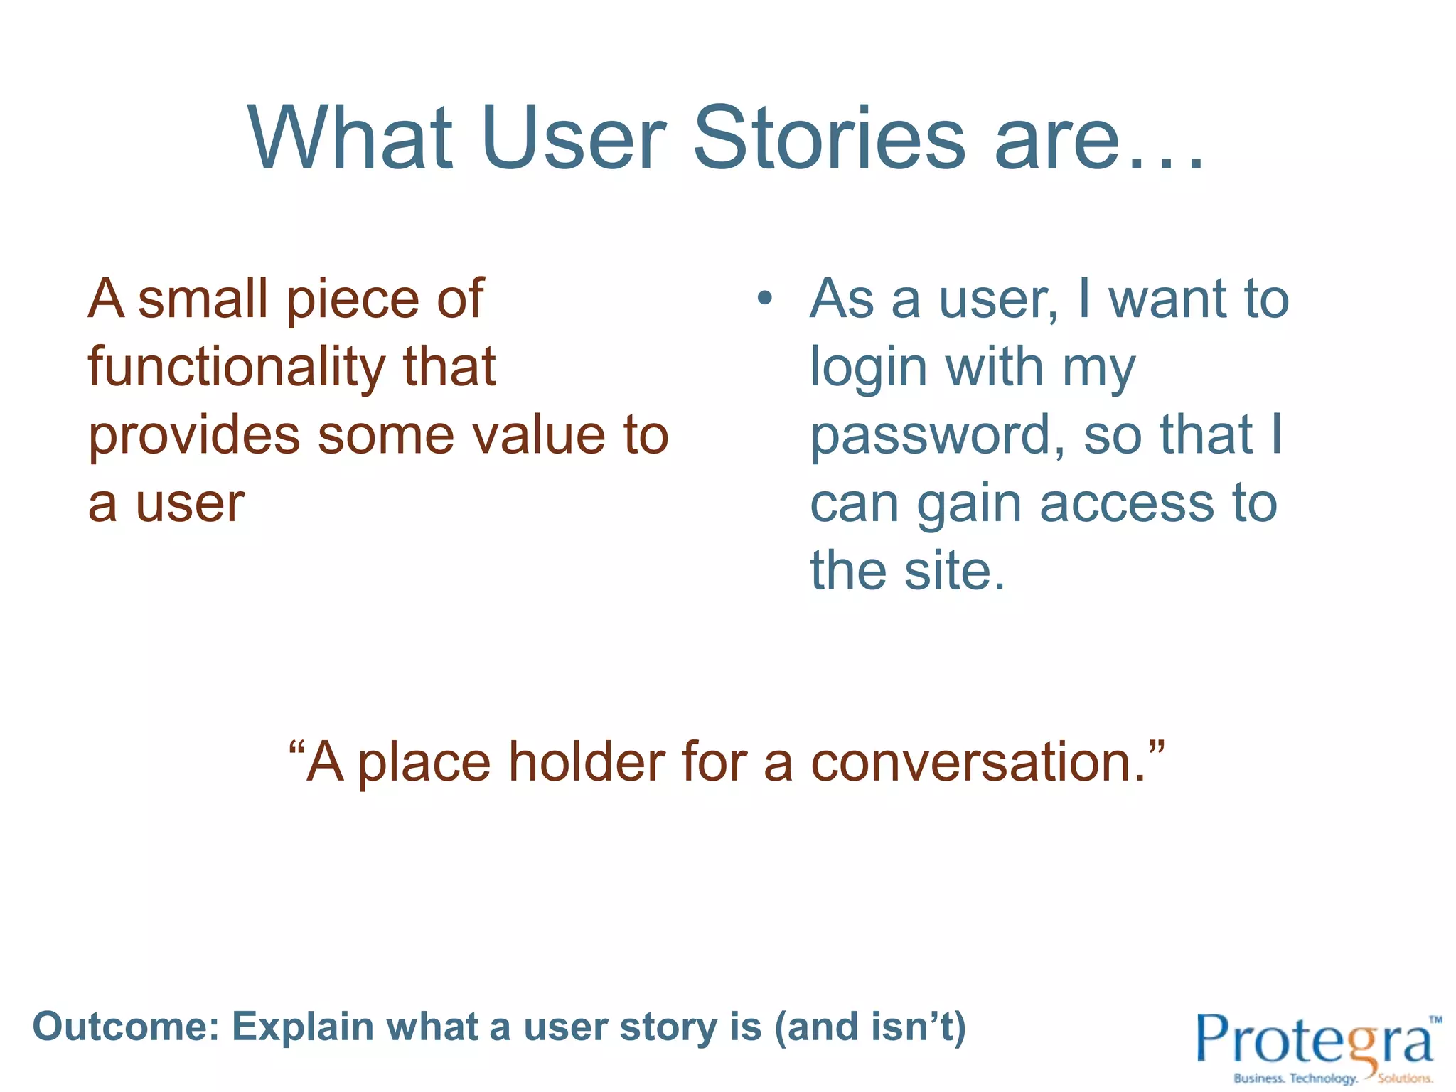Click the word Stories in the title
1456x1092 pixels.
click(x=829, y=139)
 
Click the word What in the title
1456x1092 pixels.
click(x=350, y=139)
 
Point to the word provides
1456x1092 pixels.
click(x=194, y=437)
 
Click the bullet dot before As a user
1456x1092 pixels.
click(x=764, y=299)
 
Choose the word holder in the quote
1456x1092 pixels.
click(x=586, y=762)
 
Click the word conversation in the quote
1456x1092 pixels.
click(x=978, y=762)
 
